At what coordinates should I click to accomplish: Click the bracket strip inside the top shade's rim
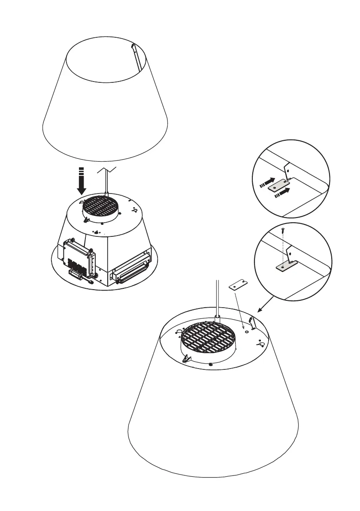(136, 56)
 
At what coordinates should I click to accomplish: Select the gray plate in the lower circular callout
(282, 267)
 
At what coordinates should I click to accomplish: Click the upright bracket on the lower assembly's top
(253, 323)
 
